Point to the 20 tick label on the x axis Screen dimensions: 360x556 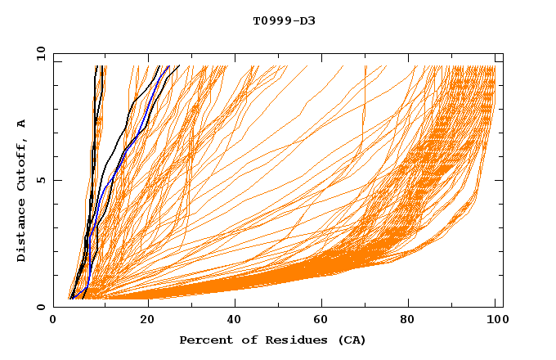click(147, 321)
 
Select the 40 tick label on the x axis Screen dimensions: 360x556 click(235, 321)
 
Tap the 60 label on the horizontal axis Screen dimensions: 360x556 click(323, 321)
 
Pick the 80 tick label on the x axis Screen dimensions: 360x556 click(411, 321)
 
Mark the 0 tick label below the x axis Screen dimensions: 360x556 click(54, 321)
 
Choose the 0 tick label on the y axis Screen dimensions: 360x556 click(42, 308)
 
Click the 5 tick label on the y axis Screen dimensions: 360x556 click(42, 181)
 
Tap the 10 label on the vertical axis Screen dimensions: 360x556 click(39, 53)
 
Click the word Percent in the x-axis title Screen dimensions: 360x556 click(204, 340)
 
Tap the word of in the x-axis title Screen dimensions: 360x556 click(244, 340)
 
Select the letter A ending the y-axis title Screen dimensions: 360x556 click(22, 123)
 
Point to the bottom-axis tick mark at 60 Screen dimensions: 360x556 click(323, 304)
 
